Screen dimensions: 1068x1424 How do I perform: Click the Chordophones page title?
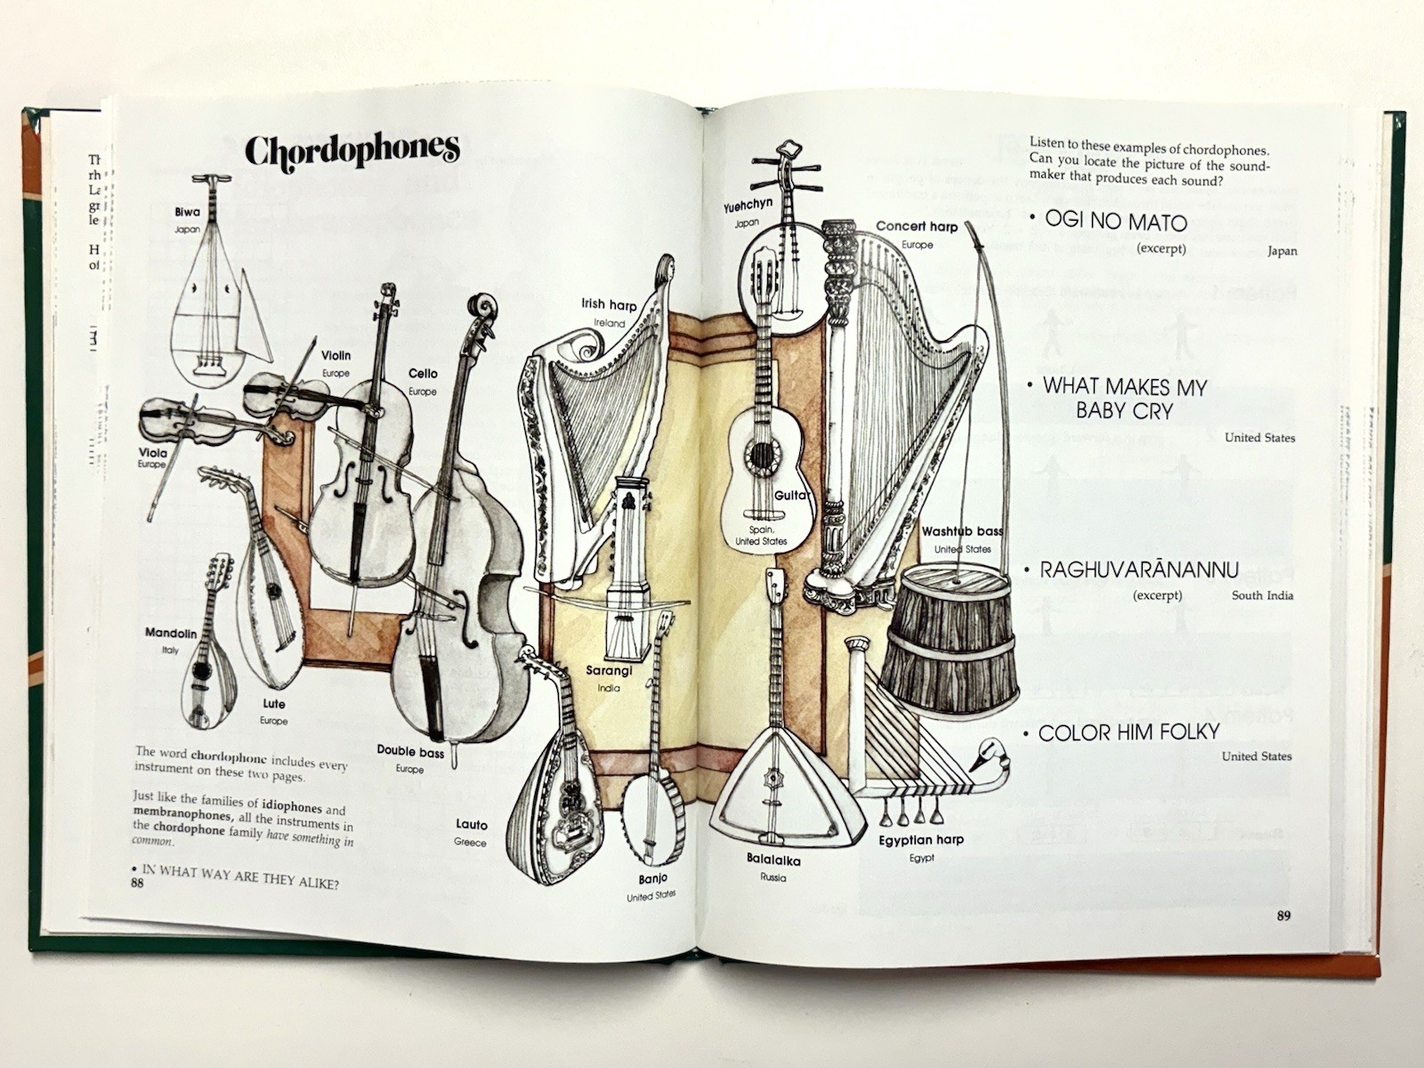pyautogui.click(x=352, y=150)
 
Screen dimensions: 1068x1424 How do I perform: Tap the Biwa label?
pyautogui.click(x=187, y=212)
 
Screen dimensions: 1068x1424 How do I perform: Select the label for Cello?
pyautogui.click(x=423, y=374)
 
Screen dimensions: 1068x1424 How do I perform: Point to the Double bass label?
pyautogui.click(x=409, y=752)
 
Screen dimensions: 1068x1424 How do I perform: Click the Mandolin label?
pyautogui.click(x=171, y=634)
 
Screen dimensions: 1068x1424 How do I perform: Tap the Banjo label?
pyautogui.click(x=652, y=879)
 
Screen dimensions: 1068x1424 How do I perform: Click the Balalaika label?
pyautogui.click(x=773, y=861)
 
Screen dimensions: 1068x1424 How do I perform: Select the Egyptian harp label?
pyautogui.click(x=921, y=840)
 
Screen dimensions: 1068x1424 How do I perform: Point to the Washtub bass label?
pyautogui.click(x=962, y=531)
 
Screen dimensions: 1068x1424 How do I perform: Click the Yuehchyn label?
pyautogui.click(x=748, y=205)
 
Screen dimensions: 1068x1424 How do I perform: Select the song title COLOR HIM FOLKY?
pyautogui.click(x=1129, y=733)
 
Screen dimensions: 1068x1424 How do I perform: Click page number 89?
pyautogui.click(x=1282, y=915)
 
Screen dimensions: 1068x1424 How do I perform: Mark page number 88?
pyautogui.click(x=136, y=883)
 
